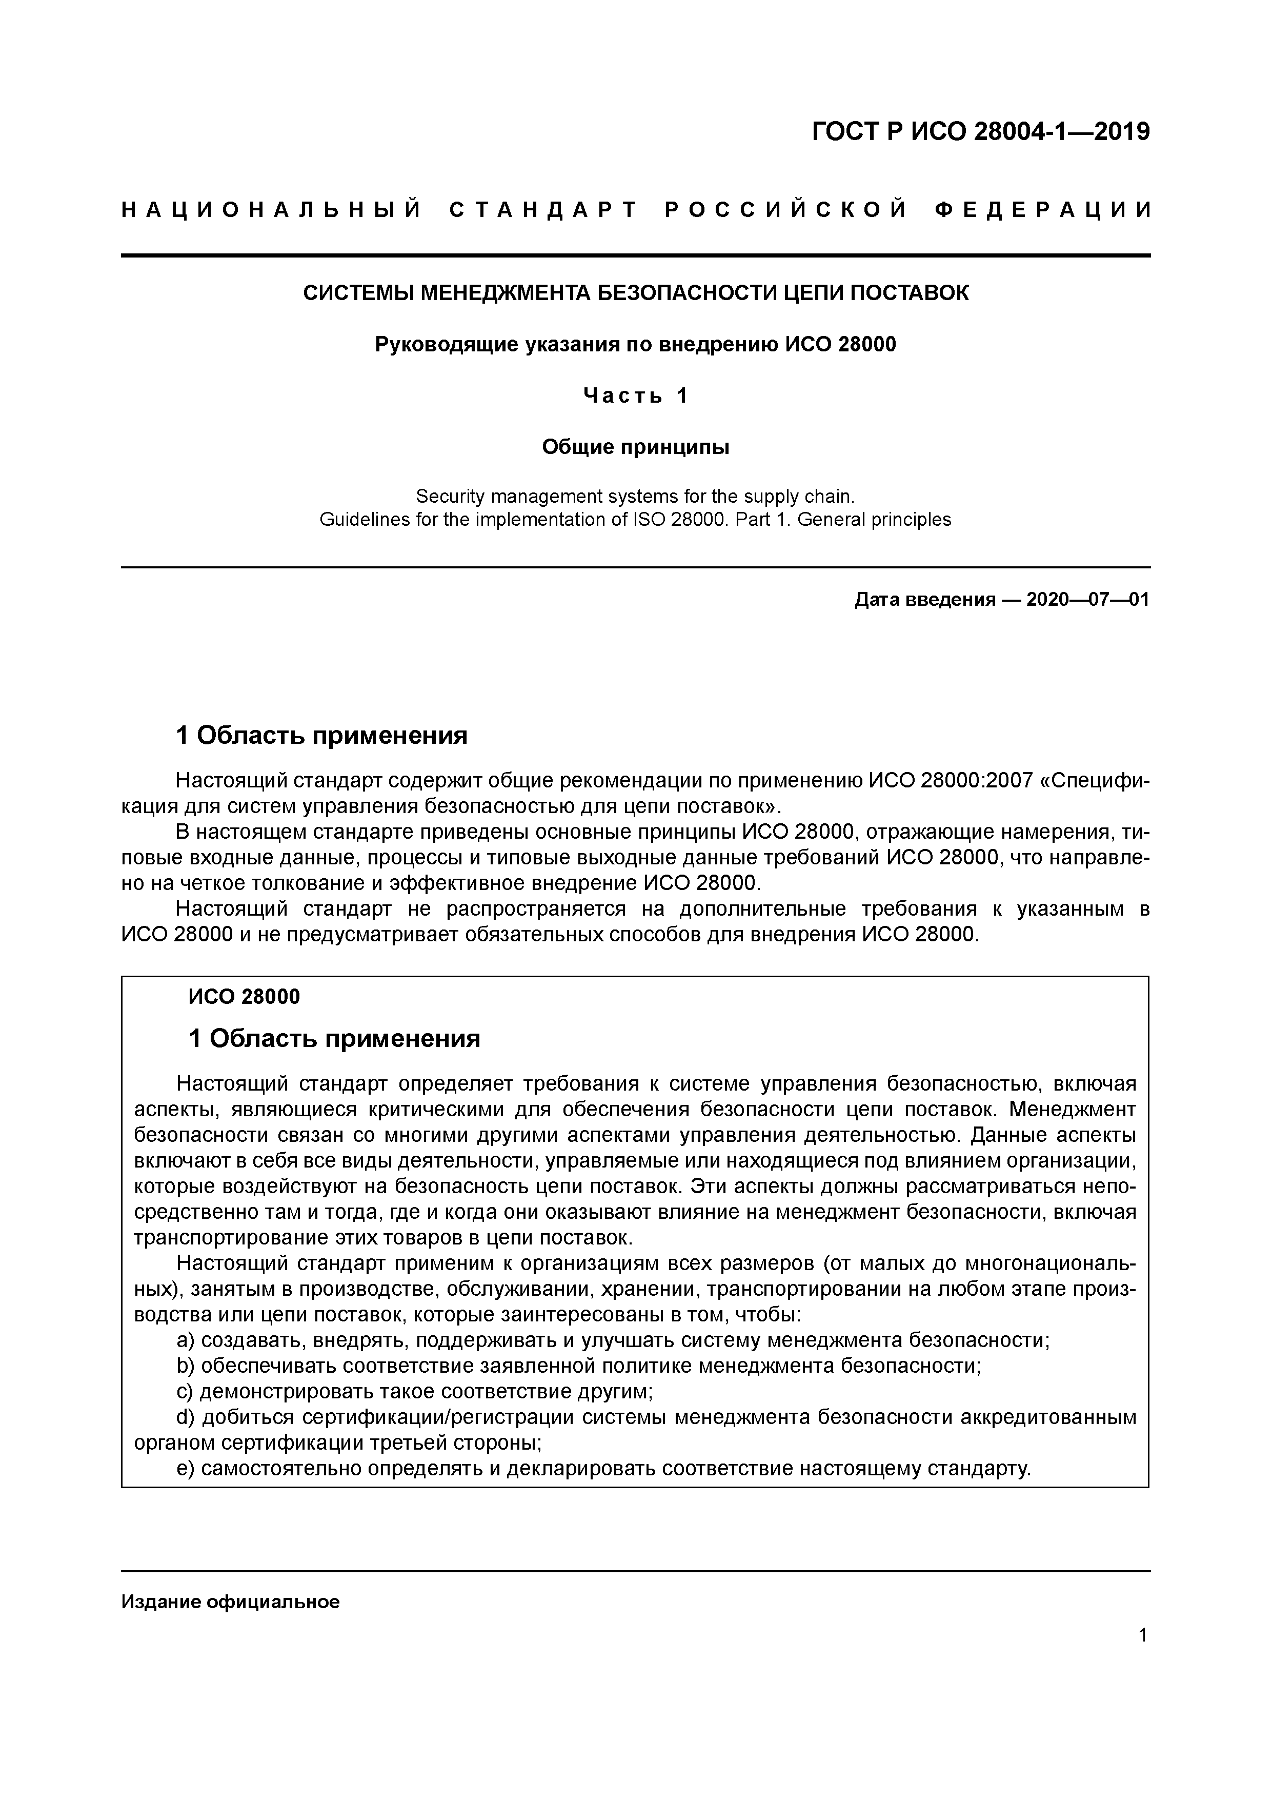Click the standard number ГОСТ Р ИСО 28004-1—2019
coord(981,132)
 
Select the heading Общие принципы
coord(635,447)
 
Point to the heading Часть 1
coord(635,397)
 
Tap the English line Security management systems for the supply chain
coord(635,496)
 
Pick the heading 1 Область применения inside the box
coord(334,1039)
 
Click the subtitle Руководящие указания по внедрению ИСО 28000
coord(635,345)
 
